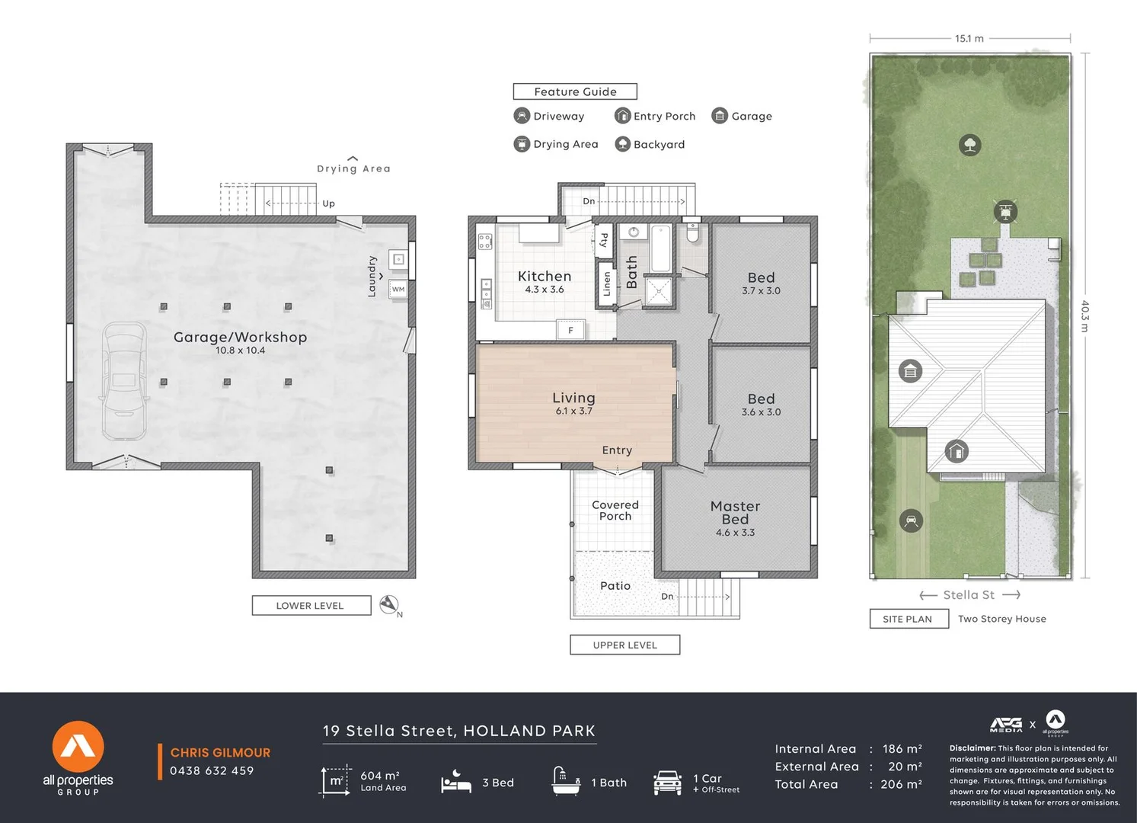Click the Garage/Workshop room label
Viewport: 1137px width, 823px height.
240,337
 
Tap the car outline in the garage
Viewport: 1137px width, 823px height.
124,380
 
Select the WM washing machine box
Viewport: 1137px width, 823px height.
398,289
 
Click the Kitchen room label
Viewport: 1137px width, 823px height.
545,276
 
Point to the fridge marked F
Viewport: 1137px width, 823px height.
570,330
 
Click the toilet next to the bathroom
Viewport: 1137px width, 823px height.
692,232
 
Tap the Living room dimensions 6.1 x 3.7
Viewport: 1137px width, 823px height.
573,411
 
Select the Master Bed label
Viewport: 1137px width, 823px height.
735,513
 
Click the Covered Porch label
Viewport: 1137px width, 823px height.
615,510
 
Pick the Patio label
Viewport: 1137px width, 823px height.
615,586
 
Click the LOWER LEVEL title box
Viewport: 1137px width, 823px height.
311,605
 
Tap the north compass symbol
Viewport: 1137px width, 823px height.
390,605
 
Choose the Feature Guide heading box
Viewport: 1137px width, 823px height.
575,91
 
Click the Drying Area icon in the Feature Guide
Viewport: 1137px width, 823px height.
522,144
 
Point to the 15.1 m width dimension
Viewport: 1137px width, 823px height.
969,39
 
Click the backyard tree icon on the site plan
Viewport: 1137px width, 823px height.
970,145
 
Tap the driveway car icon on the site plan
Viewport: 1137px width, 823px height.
911,520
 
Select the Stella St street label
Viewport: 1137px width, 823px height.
969,595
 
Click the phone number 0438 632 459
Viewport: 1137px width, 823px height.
212,770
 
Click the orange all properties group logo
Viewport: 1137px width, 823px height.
78,747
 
